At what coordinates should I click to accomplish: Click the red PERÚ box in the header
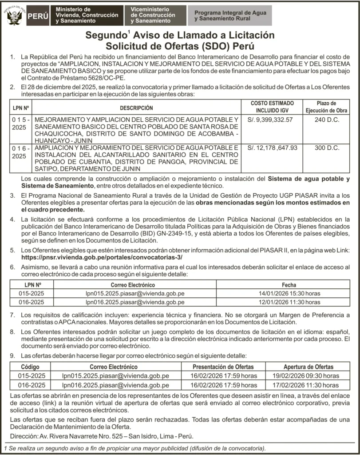pos(39,16)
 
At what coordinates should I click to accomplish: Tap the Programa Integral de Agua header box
pos(230,16)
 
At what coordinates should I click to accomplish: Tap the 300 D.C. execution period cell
pos(326,148)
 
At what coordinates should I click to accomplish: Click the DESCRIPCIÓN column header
pos(136,108)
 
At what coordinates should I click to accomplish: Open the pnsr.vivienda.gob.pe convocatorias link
pos(101,258)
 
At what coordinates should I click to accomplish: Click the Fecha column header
pos(289,285)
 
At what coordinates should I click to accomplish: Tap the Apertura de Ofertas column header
pos(308,367)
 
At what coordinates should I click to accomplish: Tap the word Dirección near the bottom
pos(22,436)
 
